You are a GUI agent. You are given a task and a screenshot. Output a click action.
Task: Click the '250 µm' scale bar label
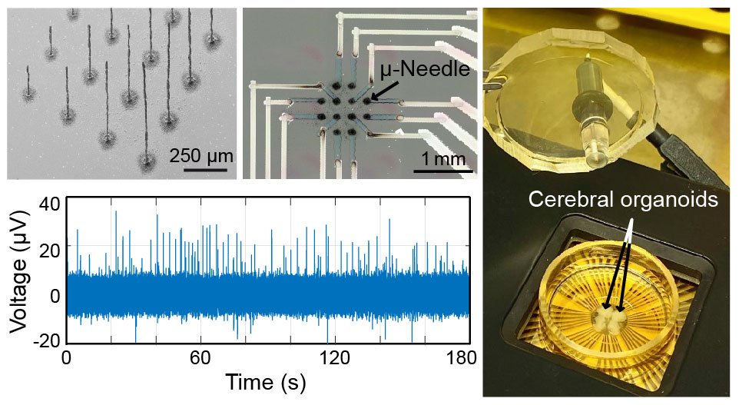(x=201, y=156)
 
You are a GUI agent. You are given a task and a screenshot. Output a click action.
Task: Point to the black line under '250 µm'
(x=205, y=169)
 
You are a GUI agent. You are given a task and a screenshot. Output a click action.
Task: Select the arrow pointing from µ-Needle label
(x=384, y=91)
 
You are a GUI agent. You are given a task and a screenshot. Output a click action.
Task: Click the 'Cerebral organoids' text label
(x=624, y=201)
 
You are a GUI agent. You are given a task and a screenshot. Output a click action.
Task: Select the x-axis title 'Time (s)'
(x=265, y=382)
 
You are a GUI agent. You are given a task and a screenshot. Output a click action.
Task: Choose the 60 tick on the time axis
(x=200, y=357)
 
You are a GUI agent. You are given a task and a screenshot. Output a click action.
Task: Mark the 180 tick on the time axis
(x=463, y=357)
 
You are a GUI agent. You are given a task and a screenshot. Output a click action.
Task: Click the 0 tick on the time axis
(x=67, y=357)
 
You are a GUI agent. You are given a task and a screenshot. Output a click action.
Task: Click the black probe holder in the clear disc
(x=585, y=84)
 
